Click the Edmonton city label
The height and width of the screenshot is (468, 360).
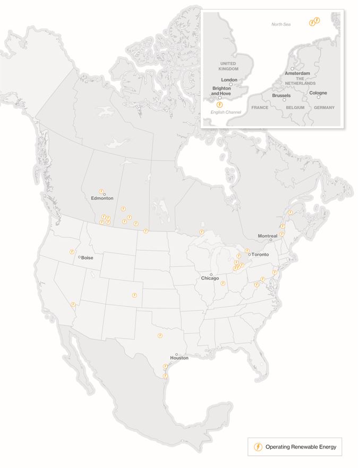point(102,198)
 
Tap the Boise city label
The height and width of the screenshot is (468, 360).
point(87,258)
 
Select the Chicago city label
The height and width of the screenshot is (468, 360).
point(210,279)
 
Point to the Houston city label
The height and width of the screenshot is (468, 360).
point(179,359)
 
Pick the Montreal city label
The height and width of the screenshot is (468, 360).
point(268,236)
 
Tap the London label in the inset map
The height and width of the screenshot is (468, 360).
point(229,80)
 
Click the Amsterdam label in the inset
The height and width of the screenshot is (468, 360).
point(297,73)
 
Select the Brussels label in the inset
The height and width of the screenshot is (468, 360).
point(281,96)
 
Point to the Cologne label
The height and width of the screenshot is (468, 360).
point(318,93)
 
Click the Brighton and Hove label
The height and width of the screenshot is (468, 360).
point(221,91)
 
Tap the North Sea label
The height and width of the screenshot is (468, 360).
point(281,24)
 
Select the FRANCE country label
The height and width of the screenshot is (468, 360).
point(260,108)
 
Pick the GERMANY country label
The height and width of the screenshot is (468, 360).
point(324,108)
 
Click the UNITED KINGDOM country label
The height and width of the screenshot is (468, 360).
point(227,66)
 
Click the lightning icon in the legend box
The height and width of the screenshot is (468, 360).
point(258,447)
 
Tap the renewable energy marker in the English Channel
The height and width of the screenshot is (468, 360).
point(213,105)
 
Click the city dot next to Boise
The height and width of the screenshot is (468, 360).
point(79,257)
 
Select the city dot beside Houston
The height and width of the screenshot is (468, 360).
point(177,354)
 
